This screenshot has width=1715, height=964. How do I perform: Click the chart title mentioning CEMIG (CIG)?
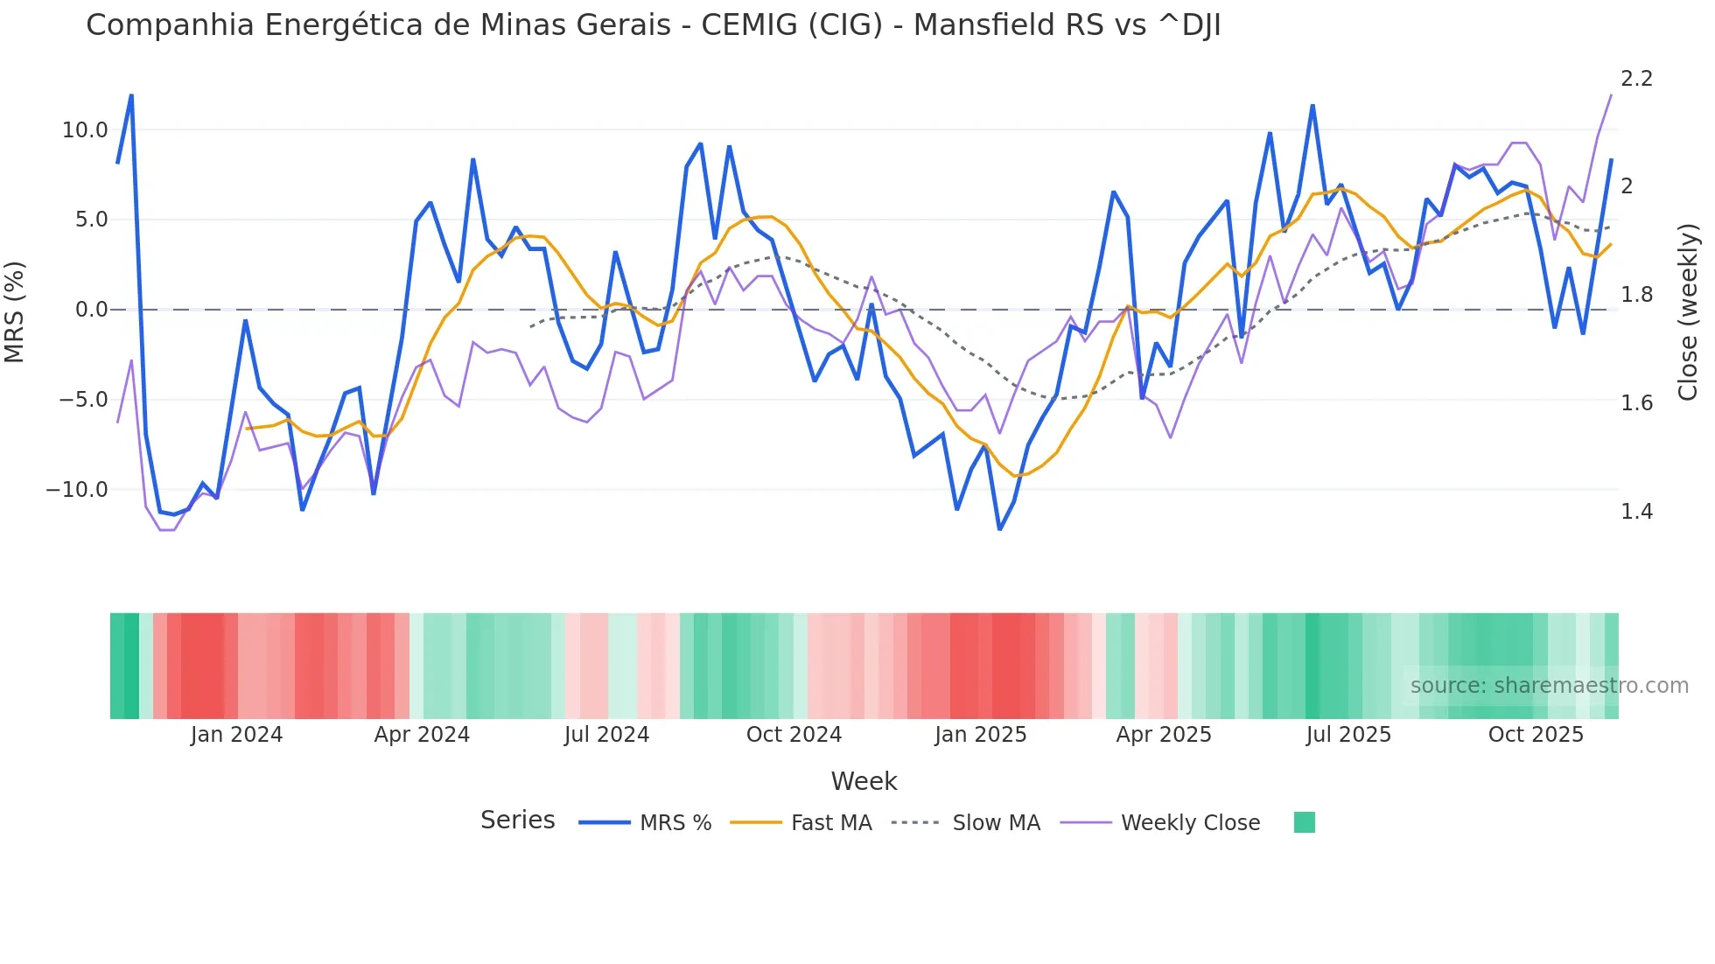pos(653,25)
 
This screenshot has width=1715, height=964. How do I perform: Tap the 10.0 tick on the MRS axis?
pos(84,130)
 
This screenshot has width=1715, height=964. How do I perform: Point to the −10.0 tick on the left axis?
pos(77,490)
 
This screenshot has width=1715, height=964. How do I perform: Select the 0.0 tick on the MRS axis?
pos(91,310)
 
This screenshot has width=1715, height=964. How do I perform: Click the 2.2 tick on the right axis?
pos(1636,79)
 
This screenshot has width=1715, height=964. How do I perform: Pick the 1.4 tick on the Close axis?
pos(1636,512)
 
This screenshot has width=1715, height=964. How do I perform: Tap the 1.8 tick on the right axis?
pos(1636,295)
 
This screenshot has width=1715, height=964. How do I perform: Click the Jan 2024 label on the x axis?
pos(236,735)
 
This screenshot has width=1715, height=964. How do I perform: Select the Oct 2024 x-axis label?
pos(794,735)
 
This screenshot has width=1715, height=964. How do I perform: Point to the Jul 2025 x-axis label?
pos(1348,735)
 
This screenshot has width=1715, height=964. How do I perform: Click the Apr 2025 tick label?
pos(1164,735)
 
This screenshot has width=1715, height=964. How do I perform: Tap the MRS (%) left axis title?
pos(15,311)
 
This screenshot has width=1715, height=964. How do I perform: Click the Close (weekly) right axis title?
pos(1688,312)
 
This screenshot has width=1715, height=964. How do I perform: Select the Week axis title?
pos(864,781)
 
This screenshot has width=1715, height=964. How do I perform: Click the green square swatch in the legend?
pos(1304,822)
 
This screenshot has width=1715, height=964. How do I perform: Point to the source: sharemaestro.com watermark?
pos(1549,686)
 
